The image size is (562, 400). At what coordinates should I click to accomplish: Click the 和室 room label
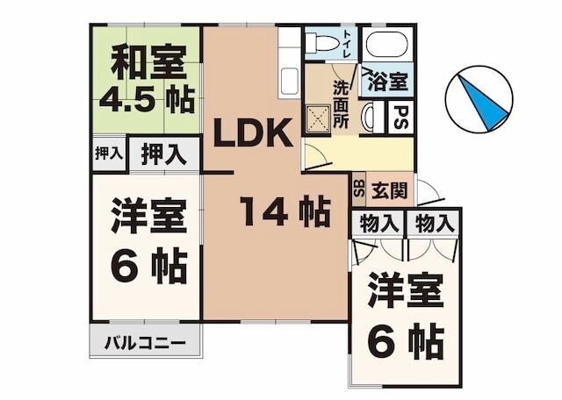tap(147, 64)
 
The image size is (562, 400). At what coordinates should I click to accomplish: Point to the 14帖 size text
tap(284, 211)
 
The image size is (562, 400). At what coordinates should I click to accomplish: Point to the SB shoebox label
tap(358, 188)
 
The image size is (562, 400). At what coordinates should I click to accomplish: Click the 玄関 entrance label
tap(386, 187)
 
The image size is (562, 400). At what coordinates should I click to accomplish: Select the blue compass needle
tap(480, 101)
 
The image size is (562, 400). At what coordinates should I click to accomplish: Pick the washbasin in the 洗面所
tap(369, 115)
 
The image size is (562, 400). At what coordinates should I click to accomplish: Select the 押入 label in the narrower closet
tap(108, 153)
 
